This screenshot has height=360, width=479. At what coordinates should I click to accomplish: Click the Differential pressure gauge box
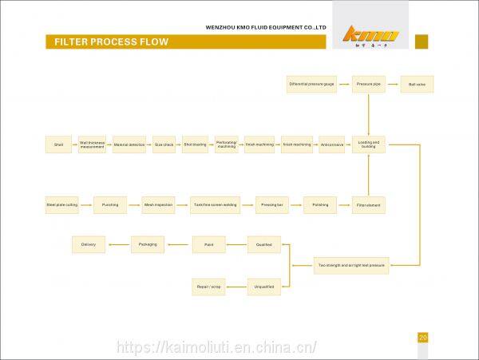(311, 84)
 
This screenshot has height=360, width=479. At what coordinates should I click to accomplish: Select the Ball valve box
(416, 84)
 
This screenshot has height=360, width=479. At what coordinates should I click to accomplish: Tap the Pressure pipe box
(368, 84)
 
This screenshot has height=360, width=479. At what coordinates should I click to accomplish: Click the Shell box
(59, 144)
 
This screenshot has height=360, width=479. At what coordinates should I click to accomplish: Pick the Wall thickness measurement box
(92, 144)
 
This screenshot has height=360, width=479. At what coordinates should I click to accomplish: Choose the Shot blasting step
(195, 144)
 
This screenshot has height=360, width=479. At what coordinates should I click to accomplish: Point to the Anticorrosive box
(331, 144)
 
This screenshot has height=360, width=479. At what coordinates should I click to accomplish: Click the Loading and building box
(368, 144)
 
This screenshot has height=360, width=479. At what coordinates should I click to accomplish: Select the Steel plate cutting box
(61, 205)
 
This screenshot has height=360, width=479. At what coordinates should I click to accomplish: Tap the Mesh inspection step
(158, 205)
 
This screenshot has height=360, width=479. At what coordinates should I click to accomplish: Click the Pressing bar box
(271, 205)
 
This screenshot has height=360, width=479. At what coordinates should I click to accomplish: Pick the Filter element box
(368, 205)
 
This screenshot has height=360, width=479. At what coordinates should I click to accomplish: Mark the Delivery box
(88, 244)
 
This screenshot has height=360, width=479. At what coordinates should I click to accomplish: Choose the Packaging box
(148, 244)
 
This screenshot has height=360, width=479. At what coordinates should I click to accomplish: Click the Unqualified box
(263, 286)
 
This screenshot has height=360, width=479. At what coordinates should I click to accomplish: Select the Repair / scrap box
(208, 286)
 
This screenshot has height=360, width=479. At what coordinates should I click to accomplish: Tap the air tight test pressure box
(351, 265)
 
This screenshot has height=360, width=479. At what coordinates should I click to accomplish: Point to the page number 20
(423, 338)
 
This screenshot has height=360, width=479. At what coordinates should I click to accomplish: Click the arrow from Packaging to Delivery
(118, 244)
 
